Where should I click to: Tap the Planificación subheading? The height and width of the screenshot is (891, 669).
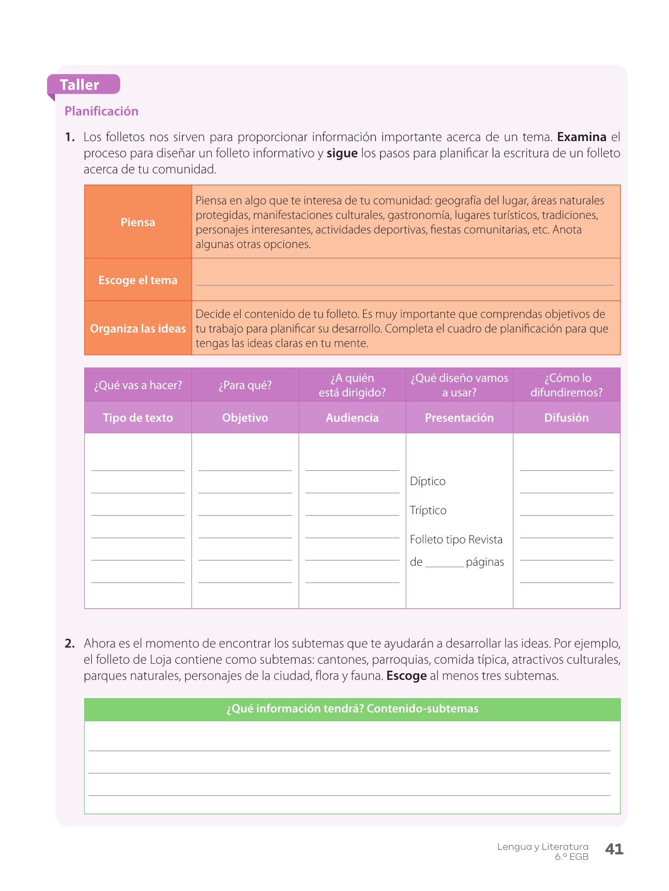(101, 111)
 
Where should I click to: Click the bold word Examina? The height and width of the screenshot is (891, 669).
(581, 137)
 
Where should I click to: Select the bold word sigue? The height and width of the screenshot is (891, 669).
(342, 153)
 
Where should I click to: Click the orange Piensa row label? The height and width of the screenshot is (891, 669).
(138, 222)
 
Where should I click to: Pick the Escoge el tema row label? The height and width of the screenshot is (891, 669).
(138, 280)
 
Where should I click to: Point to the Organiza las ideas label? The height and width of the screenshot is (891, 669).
(138, 329)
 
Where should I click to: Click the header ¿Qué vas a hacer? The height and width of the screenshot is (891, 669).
(138, 385)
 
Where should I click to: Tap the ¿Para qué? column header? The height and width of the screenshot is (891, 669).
(245, 385)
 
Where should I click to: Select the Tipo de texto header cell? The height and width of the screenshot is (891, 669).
(138, 418)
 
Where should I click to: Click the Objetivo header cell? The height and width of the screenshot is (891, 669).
(245, 418)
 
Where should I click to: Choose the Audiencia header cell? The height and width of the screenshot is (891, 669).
(352, 418)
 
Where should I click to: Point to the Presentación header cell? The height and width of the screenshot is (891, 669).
(459, 418)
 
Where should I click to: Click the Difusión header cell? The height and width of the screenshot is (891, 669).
(566, 418)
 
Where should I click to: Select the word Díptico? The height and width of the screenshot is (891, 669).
(428, 482)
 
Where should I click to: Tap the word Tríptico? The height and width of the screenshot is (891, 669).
(428, 511)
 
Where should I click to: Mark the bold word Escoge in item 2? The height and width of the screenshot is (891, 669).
(406, 676)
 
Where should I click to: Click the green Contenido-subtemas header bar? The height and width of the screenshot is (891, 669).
(352, 709)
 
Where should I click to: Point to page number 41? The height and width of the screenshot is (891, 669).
(614, 849)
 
